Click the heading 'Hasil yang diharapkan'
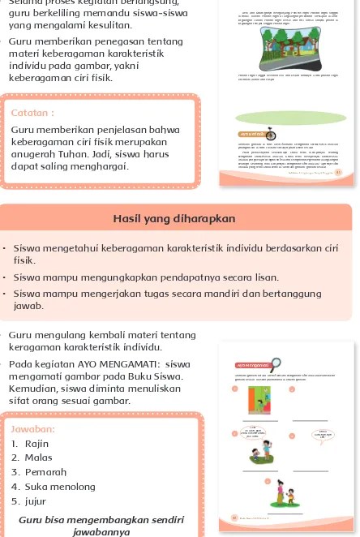click(180, 218)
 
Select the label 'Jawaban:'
click(35, 430)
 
